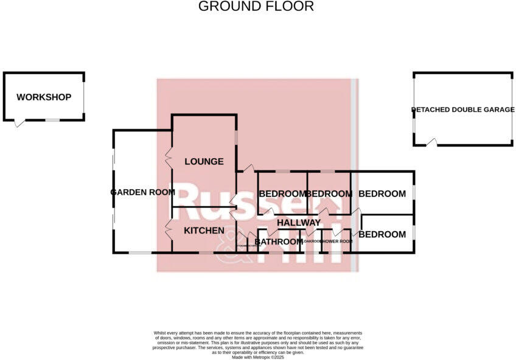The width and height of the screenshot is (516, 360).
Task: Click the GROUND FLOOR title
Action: tap(256, 7)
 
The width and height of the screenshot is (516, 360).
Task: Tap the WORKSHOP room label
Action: tap(44, 97)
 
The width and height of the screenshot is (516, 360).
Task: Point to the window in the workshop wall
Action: tap(53, 120)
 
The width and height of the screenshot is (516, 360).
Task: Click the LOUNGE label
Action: tap(204, 162)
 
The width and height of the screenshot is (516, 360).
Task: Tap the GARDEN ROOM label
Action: tap(142, 192)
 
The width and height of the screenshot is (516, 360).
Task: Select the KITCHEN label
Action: tap(204, 230)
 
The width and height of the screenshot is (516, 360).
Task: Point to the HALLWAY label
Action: tap(298, 223)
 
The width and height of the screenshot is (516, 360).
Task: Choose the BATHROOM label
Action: tap(278, 242)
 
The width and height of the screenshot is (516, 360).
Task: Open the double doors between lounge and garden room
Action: tap(169, 157)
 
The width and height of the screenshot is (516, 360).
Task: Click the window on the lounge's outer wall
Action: tap(237, 137)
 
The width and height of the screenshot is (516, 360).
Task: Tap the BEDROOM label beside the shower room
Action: tap(382, 234)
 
